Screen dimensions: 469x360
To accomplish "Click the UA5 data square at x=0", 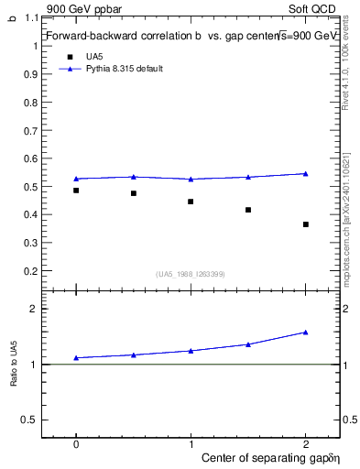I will pyautogui.click(x=76, y=191).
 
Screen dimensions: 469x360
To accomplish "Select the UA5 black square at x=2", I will pyautogui.click(x=306, y=224).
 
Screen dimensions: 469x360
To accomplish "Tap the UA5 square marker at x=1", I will pyautogui.click(x=191, y=202).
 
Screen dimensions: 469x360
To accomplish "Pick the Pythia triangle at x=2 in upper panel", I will pyautogui.click(x=306, y=173).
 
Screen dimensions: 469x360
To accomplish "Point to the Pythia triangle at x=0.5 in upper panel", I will pyautogui.click(x=134, y=177).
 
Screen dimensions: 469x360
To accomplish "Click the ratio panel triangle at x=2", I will pyautogui.click(x=306, y=333).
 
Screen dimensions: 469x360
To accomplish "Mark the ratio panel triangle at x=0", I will pyautogui.click(x=76, y=357).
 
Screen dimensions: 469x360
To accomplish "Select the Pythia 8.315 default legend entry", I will pyautogui.click(x=124, y=69).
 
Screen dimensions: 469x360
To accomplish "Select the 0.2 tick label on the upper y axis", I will pyautogui.click(x=33, y=271).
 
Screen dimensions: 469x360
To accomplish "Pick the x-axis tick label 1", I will pyautogui.click(x=191, y=442).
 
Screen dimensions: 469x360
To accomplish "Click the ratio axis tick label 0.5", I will pyautogui.click(x=33, y=420).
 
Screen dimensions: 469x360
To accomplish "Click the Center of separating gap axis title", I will pyautogui.click(x=266, y=456).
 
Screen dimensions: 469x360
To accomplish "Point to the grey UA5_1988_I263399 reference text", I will pyautogui.click(x=191, y=274).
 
